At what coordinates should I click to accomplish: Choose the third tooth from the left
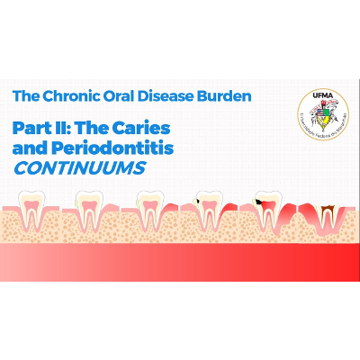point(149,211)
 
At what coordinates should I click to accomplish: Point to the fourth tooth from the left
point(208,211)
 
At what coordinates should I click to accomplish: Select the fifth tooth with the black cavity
point(267,211)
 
